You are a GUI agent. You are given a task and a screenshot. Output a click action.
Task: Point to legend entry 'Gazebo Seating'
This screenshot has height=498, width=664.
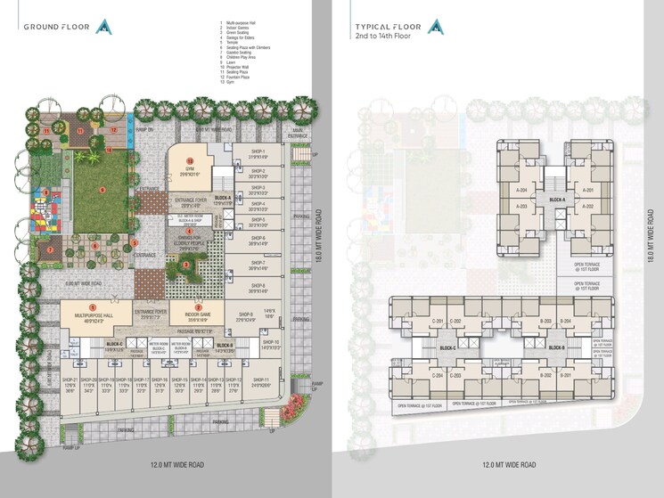click(239, 53)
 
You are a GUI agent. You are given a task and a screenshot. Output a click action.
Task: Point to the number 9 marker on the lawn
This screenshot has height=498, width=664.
click(102, 189)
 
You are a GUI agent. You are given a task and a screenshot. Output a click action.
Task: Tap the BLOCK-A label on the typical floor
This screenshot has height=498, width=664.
click(558, 200)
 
